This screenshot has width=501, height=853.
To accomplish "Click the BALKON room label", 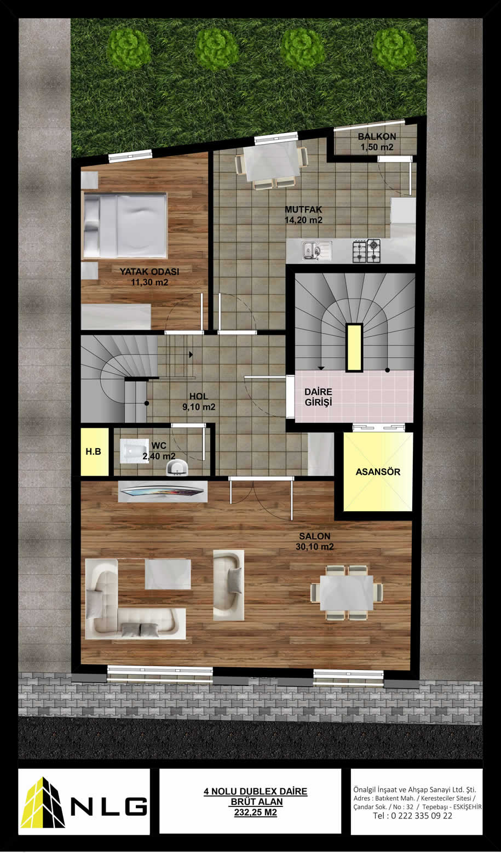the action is [377, 136].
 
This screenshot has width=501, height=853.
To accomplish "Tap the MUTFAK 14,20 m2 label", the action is [303, 215].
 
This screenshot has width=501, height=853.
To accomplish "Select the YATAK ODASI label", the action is [149, 272].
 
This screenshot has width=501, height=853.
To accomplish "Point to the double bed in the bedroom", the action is [125, 226].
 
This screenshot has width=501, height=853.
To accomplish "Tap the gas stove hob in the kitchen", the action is [366, 250].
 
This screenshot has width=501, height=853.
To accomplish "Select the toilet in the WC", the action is [134, 451].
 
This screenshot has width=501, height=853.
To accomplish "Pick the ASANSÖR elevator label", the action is [378, 472].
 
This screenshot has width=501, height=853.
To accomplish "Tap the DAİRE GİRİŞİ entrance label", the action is [318, 397].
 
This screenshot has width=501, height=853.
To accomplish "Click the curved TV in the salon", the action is [163, 491].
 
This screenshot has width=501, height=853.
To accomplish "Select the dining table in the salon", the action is [347, 593].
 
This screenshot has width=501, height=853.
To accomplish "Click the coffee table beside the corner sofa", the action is [168, 574].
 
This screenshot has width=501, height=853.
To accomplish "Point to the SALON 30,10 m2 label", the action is [315, 541].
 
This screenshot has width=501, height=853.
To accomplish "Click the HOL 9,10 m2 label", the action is [199, 402].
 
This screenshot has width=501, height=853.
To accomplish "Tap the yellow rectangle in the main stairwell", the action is [354, 347].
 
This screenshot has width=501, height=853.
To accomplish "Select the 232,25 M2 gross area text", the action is [256, 812].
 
